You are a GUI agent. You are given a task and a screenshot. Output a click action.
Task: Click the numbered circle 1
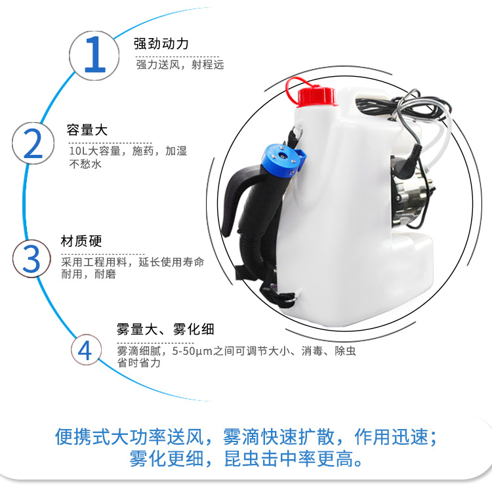[x=94, y=56]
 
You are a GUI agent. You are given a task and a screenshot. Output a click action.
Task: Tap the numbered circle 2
[x=33, y=144]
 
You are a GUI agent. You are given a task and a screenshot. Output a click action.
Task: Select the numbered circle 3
[x=31, y=258]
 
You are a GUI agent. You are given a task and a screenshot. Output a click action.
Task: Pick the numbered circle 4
[x=86, y=350]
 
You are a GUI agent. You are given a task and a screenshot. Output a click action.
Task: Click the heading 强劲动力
[x=161, y=44]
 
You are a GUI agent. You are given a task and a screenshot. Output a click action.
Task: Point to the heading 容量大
[x=87, y=130]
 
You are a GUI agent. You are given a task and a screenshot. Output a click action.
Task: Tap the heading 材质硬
[x=81, y=241]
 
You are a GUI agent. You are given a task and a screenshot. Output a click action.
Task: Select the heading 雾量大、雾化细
[x=165, y=329]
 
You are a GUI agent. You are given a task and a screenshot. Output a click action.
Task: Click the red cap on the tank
[x=316, y=96]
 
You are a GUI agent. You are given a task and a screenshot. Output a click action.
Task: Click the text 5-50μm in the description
[x=192, y=351]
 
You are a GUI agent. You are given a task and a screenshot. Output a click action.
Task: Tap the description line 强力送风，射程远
[x=180, y=65]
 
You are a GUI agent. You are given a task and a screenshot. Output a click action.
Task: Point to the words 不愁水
[x=85, y=164]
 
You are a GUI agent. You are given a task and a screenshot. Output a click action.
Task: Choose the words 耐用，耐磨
[x=89, y=274]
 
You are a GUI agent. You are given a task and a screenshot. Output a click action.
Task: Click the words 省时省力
[x=138, y=363]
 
